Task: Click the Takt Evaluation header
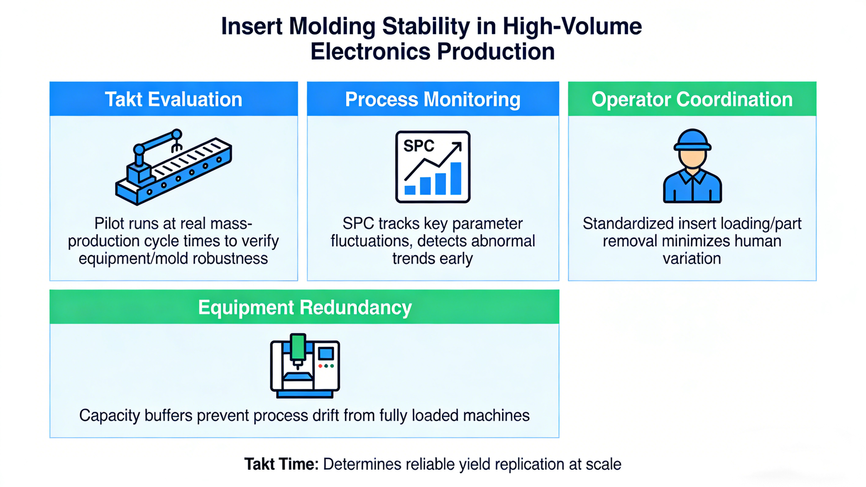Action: pos(173,99)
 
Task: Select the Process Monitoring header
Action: pos(432,99)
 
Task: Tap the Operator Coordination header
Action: pos(692,99)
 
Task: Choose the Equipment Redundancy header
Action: pos(304,307)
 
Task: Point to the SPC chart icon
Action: pos(432,167)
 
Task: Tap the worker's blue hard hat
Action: pos(692,140)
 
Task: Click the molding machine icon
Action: pos(305,366)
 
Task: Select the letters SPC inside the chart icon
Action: pos(418,146)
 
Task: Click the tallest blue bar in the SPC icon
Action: pos(456,178)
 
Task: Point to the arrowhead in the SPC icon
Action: pos(457,146)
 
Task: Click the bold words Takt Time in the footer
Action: pos(281,464)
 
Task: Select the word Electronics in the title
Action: pos(371,52)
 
